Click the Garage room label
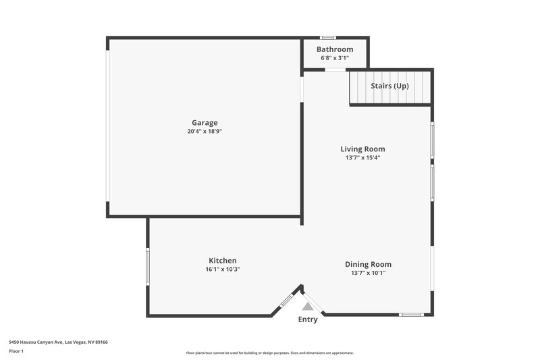(205, 123)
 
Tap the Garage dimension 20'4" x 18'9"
(205, 132)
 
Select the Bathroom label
(335, 49)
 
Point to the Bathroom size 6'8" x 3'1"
(335, 58)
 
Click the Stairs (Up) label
(389, 86)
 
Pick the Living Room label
(362, 149)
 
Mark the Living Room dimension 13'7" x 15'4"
(362, 158)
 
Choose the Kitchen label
(222, 261)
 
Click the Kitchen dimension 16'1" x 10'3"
(222, 269)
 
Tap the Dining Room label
(368, 265)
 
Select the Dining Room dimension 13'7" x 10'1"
(368, 274)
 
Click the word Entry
(308, 319)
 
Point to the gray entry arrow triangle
(308, 306)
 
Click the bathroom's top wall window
(328, 37)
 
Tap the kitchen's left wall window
(148, 267)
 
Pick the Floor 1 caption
(16, 352)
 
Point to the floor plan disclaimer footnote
(269, 353)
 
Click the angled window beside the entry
(286, 299)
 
